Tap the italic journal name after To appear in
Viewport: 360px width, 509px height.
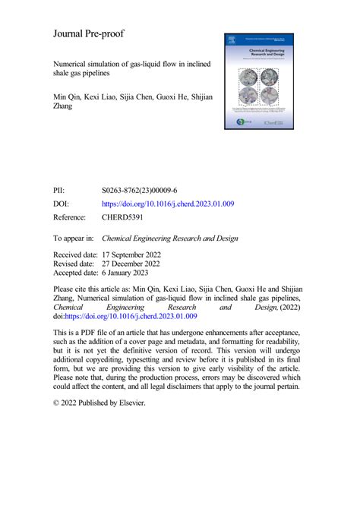point(181,238)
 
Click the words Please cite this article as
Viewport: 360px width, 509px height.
point(98,289)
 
